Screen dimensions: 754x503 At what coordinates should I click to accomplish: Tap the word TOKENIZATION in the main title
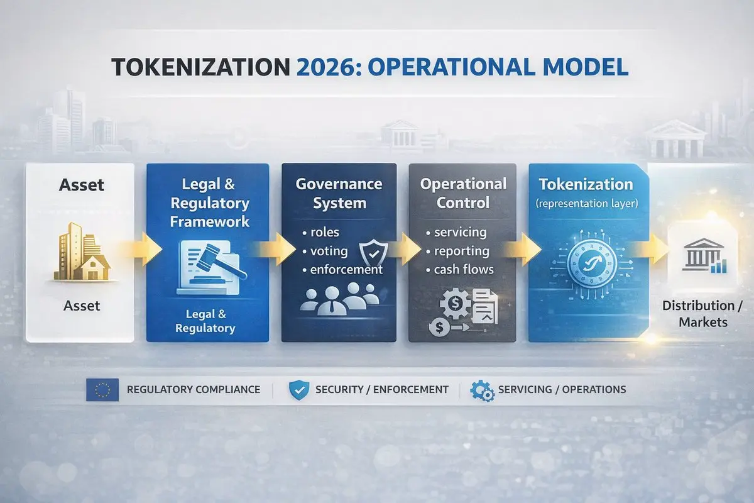tap(200, 67)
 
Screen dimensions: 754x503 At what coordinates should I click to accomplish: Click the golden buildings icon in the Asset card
tap(82, 251)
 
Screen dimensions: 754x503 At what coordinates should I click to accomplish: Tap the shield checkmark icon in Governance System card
tap(373, 252)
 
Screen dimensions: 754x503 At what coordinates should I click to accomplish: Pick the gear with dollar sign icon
tap(455, 304)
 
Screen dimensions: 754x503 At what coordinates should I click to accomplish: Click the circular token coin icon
tap(591, 263)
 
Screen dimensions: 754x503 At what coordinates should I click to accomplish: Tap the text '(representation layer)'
tap(586, 204)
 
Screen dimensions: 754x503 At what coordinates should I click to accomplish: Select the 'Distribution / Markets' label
tap(703, 314)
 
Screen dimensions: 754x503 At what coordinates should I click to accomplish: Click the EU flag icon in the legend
tap(102, 390)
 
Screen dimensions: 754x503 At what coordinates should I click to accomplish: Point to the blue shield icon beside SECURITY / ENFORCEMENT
tap(299, 390)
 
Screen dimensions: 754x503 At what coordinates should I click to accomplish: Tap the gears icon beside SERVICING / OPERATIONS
tap(482, 390)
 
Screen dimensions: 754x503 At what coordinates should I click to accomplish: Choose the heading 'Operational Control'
tap(463, 194)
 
